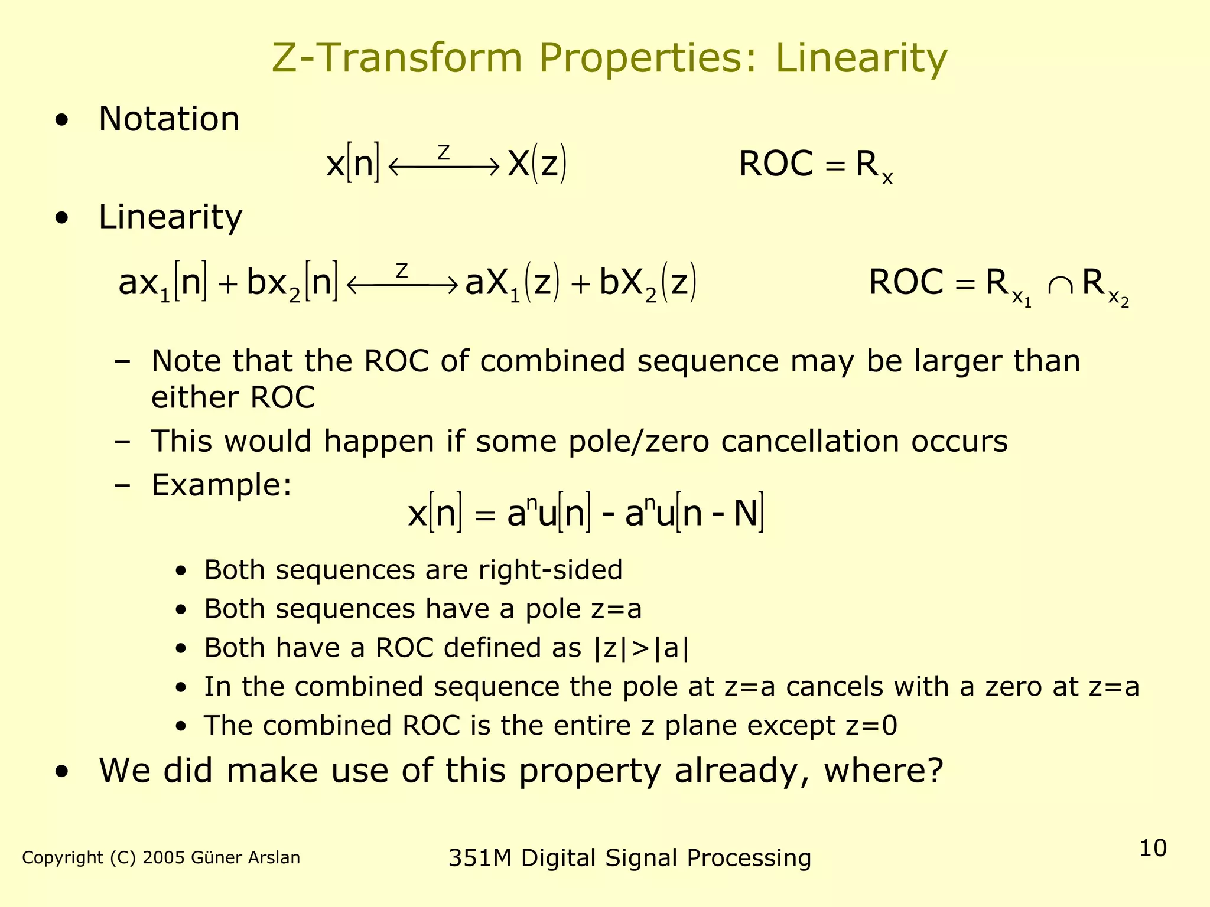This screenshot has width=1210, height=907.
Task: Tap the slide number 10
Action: click(x=1153, y=848)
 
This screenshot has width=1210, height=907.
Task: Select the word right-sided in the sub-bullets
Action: click(x=550, y=570)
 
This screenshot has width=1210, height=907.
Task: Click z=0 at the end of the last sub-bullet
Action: click(x=871, y=726)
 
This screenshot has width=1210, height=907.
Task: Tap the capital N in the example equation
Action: click(x=745, y=513)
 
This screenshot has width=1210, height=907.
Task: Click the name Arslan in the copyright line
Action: click(x=274, y=857)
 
